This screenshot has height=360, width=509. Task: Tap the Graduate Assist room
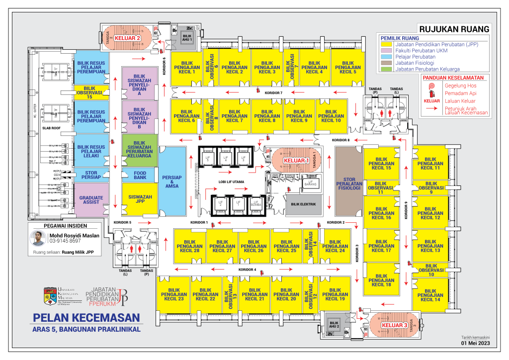point(91,200)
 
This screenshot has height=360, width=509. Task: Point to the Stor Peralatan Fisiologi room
point(348,183)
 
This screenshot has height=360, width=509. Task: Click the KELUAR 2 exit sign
point(128,38)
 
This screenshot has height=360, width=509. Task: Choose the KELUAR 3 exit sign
point(394,325)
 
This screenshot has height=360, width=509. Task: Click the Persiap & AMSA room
point(171,182)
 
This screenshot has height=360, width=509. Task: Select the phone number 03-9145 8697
point(65,241)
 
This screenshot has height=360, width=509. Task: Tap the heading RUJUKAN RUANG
point(454,29)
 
